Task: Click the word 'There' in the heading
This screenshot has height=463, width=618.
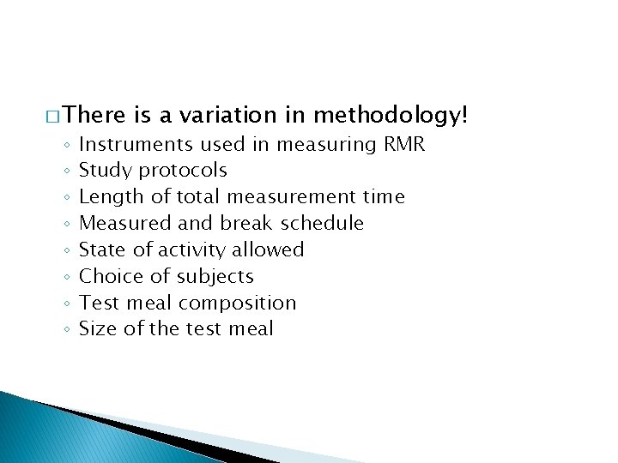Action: point(94,115)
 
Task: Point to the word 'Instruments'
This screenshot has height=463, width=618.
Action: point(138,144)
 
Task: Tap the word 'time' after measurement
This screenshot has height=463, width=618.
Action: point(383,196)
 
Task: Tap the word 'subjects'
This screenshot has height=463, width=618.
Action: point(219,276)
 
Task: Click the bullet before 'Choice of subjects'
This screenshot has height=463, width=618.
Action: point(66,277)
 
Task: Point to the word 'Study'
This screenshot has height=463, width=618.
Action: point(102,171)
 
